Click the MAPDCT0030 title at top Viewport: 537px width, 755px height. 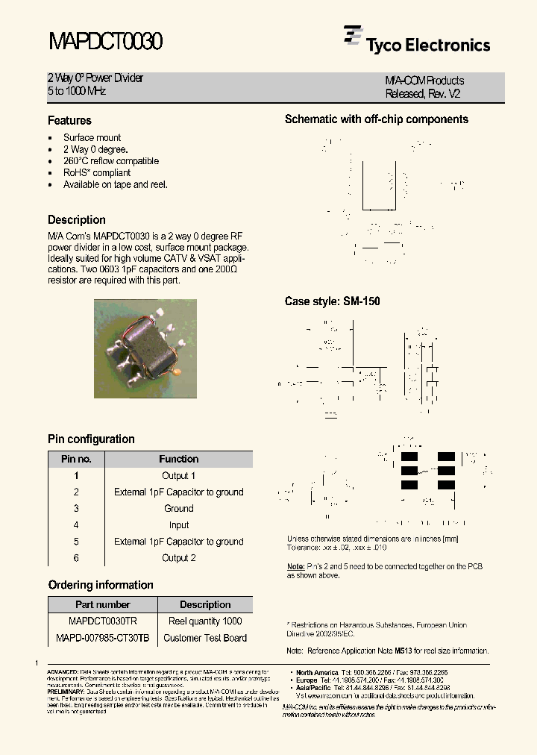point(105,42)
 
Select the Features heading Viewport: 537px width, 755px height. point(69,120)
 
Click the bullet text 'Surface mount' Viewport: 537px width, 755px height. point(92,137)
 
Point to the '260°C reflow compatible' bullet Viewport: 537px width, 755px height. point(110,161)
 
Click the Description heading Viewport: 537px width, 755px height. point(77,220)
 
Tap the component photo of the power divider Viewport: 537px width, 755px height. point(145,348)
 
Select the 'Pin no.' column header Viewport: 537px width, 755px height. point(76,459)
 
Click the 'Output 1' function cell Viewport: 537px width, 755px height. point(178,476)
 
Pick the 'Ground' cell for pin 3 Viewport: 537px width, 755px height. point(178,509)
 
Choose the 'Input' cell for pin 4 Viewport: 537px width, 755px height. point(178,525)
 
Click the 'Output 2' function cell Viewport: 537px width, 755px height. point(178,558)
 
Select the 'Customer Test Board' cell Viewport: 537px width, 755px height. point(204,638)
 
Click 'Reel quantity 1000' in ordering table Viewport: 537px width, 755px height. point(204,621)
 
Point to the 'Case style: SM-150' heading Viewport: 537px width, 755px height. point(332,302)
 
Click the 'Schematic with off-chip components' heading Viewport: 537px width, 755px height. point(377,119)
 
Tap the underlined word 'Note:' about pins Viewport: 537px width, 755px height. point(295,567)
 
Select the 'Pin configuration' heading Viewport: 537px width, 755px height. point(91,439)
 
